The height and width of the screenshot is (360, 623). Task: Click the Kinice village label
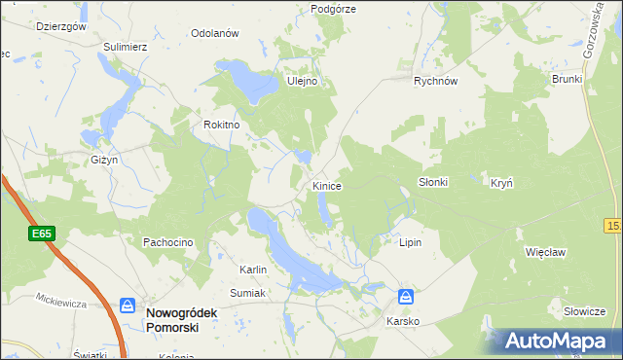pos(326,185)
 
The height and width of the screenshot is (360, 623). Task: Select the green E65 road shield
pos(41,234)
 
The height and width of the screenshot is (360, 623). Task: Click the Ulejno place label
pos(303,82)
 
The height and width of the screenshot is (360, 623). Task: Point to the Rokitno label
pos(222,125)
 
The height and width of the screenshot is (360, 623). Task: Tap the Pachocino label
pos(169,241)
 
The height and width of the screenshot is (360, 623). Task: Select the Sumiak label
pos(248,292)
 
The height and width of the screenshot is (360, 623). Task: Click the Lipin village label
pos(411,241)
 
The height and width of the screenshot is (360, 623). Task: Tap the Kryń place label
pos(501,182)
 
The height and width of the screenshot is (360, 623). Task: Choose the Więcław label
pos(545,251)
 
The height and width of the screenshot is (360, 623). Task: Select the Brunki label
pos(567,79)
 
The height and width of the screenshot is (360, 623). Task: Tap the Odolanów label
pos(215,33)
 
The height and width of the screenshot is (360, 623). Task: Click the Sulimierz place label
pos(126,45)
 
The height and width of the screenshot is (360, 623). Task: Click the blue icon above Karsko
pos(406,297)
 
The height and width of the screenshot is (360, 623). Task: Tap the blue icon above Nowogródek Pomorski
pos(128,305)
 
